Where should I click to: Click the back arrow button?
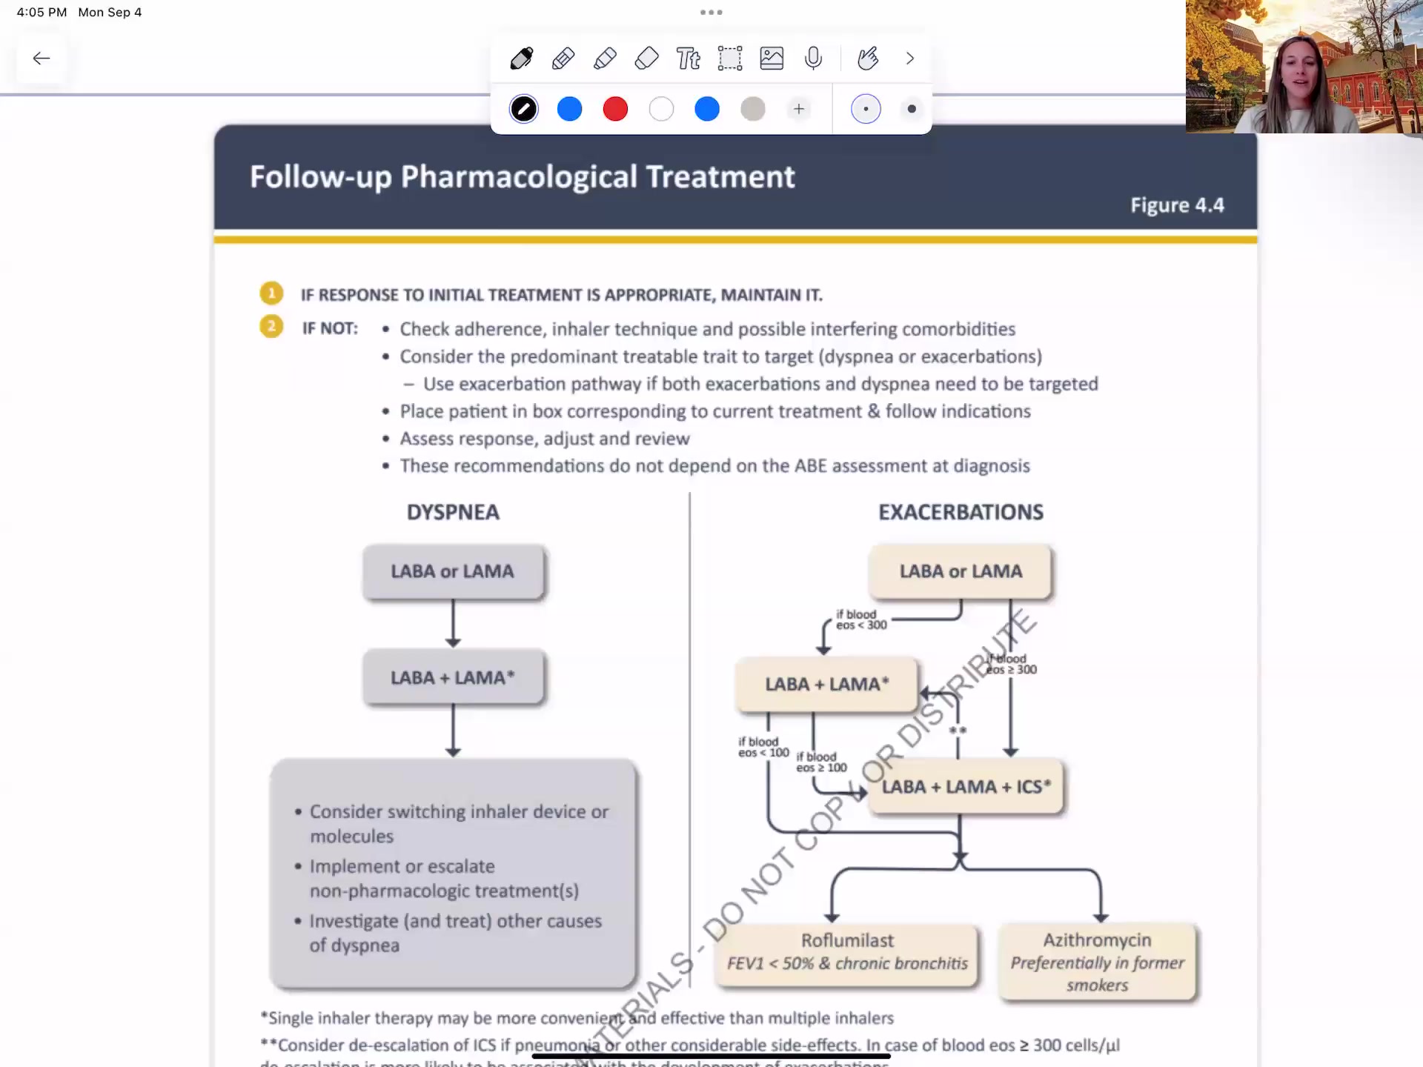click(x=42, y=58)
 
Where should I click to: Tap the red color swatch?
click(x=615, y=109)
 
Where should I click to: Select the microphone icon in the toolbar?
click(x=813, y=58)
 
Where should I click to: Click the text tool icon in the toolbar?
click(x=688, y=58)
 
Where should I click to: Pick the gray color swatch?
click(x=752, y=109)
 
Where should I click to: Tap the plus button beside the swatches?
click(x=798, y=109)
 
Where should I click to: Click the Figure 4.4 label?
click(x=1177, y=205)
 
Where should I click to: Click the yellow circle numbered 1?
click(x=271, y=293)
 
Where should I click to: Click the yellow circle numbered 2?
click(x=271, y=326)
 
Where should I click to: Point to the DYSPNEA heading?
click(x=453, y=512)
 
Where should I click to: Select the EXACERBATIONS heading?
click(x=961, y=512)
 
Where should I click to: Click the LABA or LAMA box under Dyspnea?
click(x=453, y=571)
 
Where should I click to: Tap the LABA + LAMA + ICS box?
click(x=965, y=787)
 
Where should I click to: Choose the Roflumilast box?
click(x=847, y=953)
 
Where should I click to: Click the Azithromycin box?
click(x=1097, y=962)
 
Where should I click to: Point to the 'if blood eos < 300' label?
click(x=860, y=619)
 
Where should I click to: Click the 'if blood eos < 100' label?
click(x=763, y=747)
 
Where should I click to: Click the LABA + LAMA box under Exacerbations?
click(x=826, y=684)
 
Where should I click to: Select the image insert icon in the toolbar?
click(x=772, y=58)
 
